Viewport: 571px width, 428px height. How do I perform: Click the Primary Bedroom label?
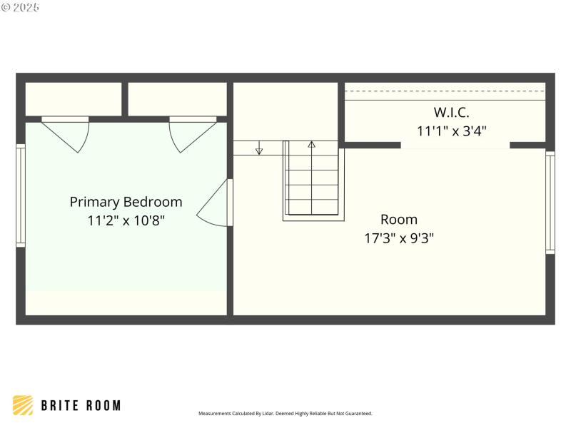[x=126, y=202]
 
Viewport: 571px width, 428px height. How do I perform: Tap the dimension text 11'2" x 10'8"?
[x=126, y=220]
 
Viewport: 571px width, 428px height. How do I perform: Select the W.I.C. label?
[x=451, y=112]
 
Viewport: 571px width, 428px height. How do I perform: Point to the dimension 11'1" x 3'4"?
[x=451, y=131]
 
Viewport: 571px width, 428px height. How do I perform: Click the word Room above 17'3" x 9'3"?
[x=398, y=219]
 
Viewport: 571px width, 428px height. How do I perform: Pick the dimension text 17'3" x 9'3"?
[x=398, y=238]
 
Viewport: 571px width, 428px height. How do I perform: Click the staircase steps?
[x=313, y=185]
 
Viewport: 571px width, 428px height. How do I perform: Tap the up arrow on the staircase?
[x=311, y=146]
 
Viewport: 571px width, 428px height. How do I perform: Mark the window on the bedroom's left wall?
[x=21, y=195]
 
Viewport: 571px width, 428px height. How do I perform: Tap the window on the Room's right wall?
[x=550, y=203]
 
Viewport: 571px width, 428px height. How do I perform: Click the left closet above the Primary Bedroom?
[x=74, y=99]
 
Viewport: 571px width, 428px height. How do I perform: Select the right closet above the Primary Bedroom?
[x=177, y=99]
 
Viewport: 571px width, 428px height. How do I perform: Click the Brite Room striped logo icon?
[x=23, y=405]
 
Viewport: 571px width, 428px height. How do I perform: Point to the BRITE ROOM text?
[x=81, y=406]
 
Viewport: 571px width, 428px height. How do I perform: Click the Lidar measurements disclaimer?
[x=285, y=413]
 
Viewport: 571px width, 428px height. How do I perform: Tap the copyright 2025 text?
[x=21, y=7]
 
